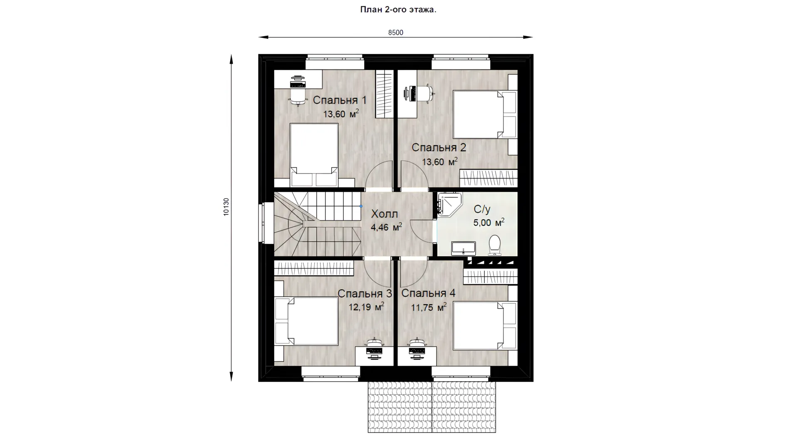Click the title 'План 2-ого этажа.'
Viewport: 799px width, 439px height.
[398, 10]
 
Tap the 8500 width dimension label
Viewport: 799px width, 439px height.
[396, 32]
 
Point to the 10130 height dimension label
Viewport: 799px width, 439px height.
[226, 206]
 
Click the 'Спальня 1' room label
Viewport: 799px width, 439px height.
[340, 100]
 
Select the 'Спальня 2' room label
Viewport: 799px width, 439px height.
[439, 147]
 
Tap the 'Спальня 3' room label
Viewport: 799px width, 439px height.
[365, 293]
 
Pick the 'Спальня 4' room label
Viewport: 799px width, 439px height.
[428, 293]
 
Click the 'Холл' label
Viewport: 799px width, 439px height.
[385, 214]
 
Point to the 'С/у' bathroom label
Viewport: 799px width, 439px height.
[482, 209]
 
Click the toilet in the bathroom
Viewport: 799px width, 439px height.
[494, 245]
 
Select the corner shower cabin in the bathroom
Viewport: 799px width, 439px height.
[449, 204]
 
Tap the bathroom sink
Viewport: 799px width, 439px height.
[463, 248]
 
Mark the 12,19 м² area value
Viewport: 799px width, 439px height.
[366, 307]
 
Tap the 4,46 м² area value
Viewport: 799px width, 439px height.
[386, 227]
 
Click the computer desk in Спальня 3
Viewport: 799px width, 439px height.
[374, 356]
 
